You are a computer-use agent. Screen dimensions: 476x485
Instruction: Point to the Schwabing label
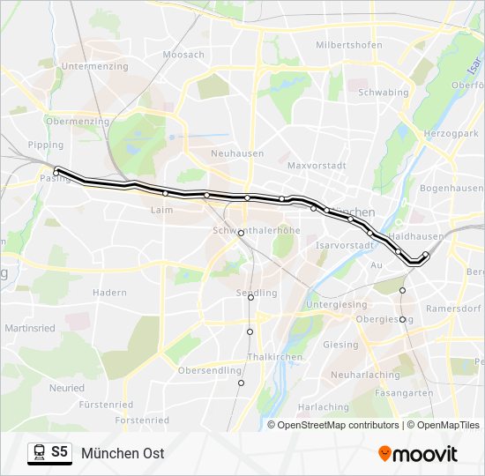(x=384, y=92)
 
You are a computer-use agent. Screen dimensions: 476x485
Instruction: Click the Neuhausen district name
(x=237, y=152)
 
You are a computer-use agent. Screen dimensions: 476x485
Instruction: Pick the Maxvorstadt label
(x=317, y=165)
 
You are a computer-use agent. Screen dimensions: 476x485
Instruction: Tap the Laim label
(x=162, y=210)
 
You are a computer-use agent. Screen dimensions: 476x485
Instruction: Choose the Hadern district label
(x=109, y=292)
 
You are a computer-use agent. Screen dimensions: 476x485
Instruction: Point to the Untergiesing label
(x=335, y=304)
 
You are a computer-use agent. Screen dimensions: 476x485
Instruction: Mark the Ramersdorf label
(x=452, y=309)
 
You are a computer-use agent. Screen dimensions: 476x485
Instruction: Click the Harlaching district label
(x=323, y=406)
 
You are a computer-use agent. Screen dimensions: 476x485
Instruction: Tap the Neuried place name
(x=67, y=387)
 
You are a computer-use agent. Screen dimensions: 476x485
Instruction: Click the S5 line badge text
(x=59, y=452)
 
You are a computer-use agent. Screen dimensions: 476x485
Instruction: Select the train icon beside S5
(x=39, y=453)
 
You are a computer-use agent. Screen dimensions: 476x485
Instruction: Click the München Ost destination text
(x=123, y=453)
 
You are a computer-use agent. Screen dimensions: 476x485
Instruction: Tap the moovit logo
(x=418, y=453)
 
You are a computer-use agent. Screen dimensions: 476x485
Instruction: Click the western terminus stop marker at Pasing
(x=57, y=171)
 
